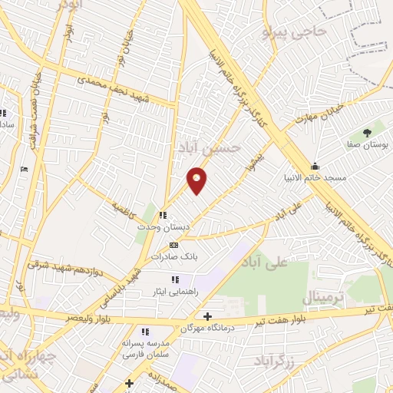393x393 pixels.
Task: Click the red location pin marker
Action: click(x=197, y=180)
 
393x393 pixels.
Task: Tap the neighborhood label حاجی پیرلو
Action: click(x=295, y=32)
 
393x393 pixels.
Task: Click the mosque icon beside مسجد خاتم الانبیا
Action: click(x=314, y=166)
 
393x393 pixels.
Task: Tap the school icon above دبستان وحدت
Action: click(x=162, y=216)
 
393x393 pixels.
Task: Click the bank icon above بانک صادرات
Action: click(x=173, y=245)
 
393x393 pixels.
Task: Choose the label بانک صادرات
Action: click(x=173, y=257)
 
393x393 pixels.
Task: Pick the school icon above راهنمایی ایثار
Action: click(x=174, y=279)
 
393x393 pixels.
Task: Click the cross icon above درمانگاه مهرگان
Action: click(x=206, y=315)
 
